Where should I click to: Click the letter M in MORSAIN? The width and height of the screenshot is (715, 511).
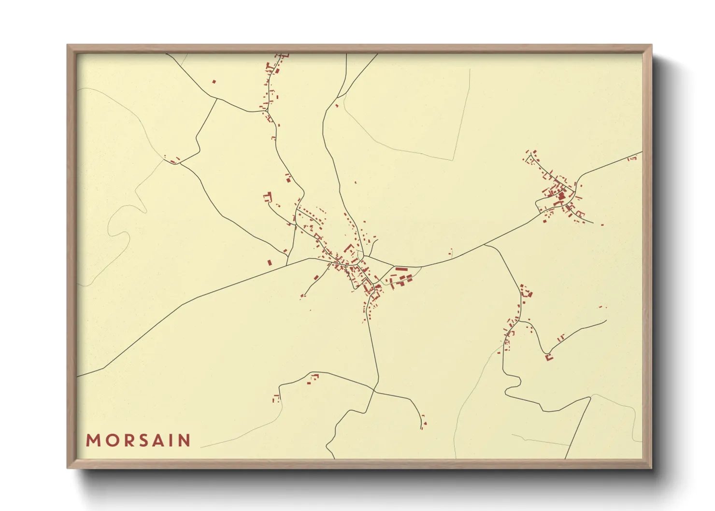93,440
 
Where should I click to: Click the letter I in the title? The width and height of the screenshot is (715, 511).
169,440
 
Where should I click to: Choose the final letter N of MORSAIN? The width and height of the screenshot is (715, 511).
183,440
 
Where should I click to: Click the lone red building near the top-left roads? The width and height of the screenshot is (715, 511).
214,82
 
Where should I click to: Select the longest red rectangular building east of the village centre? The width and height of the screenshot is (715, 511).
401,269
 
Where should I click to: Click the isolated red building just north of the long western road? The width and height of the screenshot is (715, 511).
270,263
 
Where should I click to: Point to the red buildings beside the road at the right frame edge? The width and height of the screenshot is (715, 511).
632,158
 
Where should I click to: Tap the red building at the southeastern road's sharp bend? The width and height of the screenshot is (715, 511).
548,357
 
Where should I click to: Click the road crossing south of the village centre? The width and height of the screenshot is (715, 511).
374,392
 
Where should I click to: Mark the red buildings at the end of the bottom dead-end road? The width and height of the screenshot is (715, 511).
423,423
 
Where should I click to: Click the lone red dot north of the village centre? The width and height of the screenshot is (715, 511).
356,183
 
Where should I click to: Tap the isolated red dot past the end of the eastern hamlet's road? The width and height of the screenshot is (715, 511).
602,225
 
